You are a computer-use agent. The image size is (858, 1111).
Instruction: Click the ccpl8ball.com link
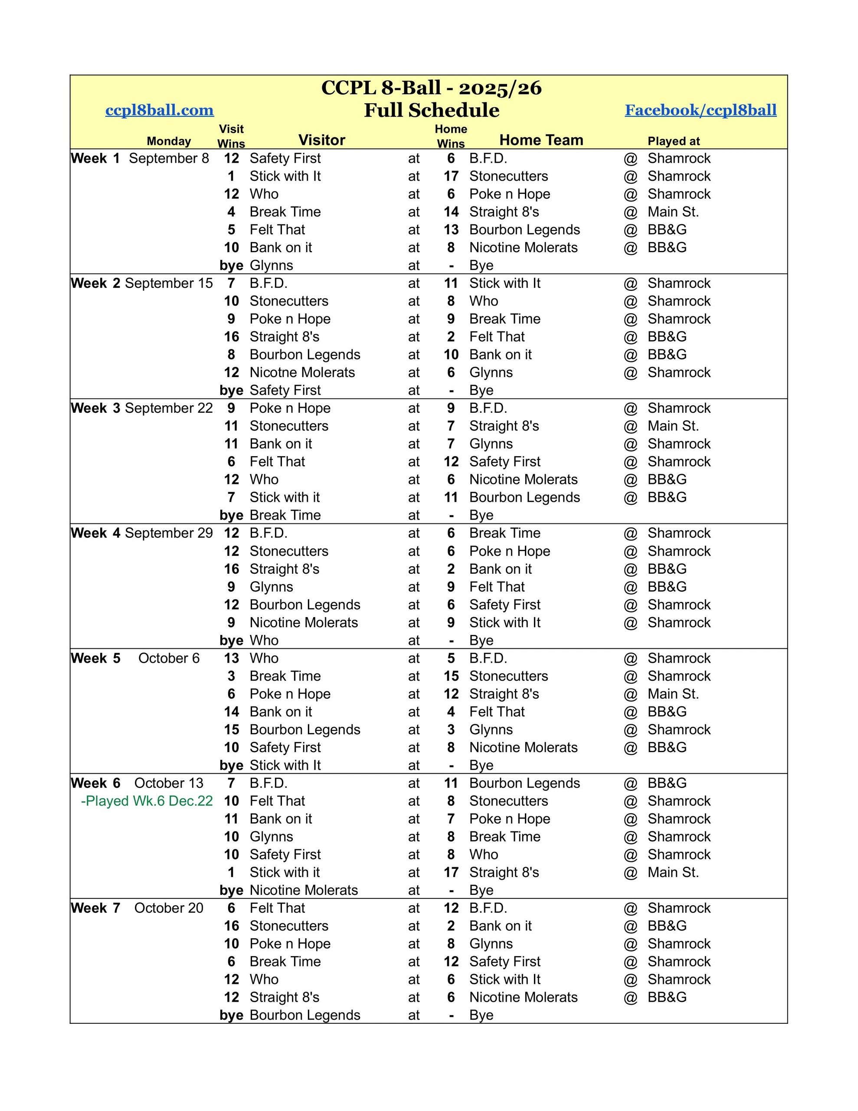pos(159,110)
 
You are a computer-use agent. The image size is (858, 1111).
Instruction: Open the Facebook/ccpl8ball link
pos(701,110)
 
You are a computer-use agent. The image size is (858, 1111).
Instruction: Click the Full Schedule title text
pos(431,110)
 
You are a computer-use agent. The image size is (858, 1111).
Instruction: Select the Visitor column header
pos(321,140)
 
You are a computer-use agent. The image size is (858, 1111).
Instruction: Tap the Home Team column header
pos(541,140)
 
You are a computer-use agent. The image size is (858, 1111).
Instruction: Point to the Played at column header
pos(673,141)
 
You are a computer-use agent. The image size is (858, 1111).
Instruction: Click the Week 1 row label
pos(95,158)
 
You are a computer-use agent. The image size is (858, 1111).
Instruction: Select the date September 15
pos(169,283)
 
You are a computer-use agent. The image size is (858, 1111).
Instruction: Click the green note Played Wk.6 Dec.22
pos(147,801)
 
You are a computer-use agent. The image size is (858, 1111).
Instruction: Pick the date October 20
pos(168,908)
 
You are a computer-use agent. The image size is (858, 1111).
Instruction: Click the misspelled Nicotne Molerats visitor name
pos(302,372)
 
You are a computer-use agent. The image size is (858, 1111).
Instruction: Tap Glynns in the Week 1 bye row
pos(271,266)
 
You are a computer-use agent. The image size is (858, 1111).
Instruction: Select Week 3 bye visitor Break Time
pos(285,515)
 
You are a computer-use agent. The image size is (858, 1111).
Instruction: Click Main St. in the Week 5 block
pos(673,694)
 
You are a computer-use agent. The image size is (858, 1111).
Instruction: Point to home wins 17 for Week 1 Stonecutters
pos(451,176)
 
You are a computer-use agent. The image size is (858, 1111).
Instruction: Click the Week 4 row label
pos(95,533)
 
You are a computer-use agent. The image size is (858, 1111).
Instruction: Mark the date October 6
pos(169,658)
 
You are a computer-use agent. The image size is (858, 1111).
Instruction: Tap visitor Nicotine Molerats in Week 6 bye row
pos(304,890)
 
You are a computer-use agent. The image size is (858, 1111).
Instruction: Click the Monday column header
pos(169,141)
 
